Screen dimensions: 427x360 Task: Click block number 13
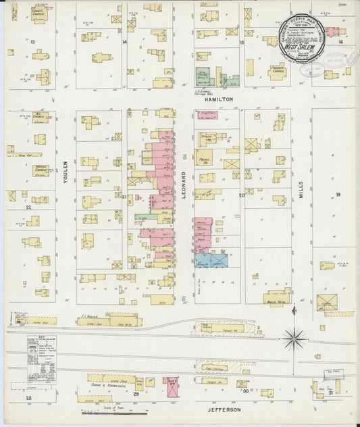tap(32, 42)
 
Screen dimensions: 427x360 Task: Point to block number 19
tap(337, 195)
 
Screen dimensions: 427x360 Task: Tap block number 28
tap(28, 399)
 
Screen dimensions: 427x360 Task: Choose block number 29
tap(136, 393)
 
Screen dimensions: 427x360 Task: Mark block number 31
tap(330, 393)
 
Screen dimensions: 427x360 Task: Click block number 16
tap(341, 42)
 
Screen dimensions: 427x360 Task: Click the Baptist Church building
tap(40, 170)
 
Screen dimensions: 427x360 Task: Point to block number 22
tap(28, 207)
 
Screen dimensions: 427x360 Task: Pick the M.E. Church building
tap(40, 118)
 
